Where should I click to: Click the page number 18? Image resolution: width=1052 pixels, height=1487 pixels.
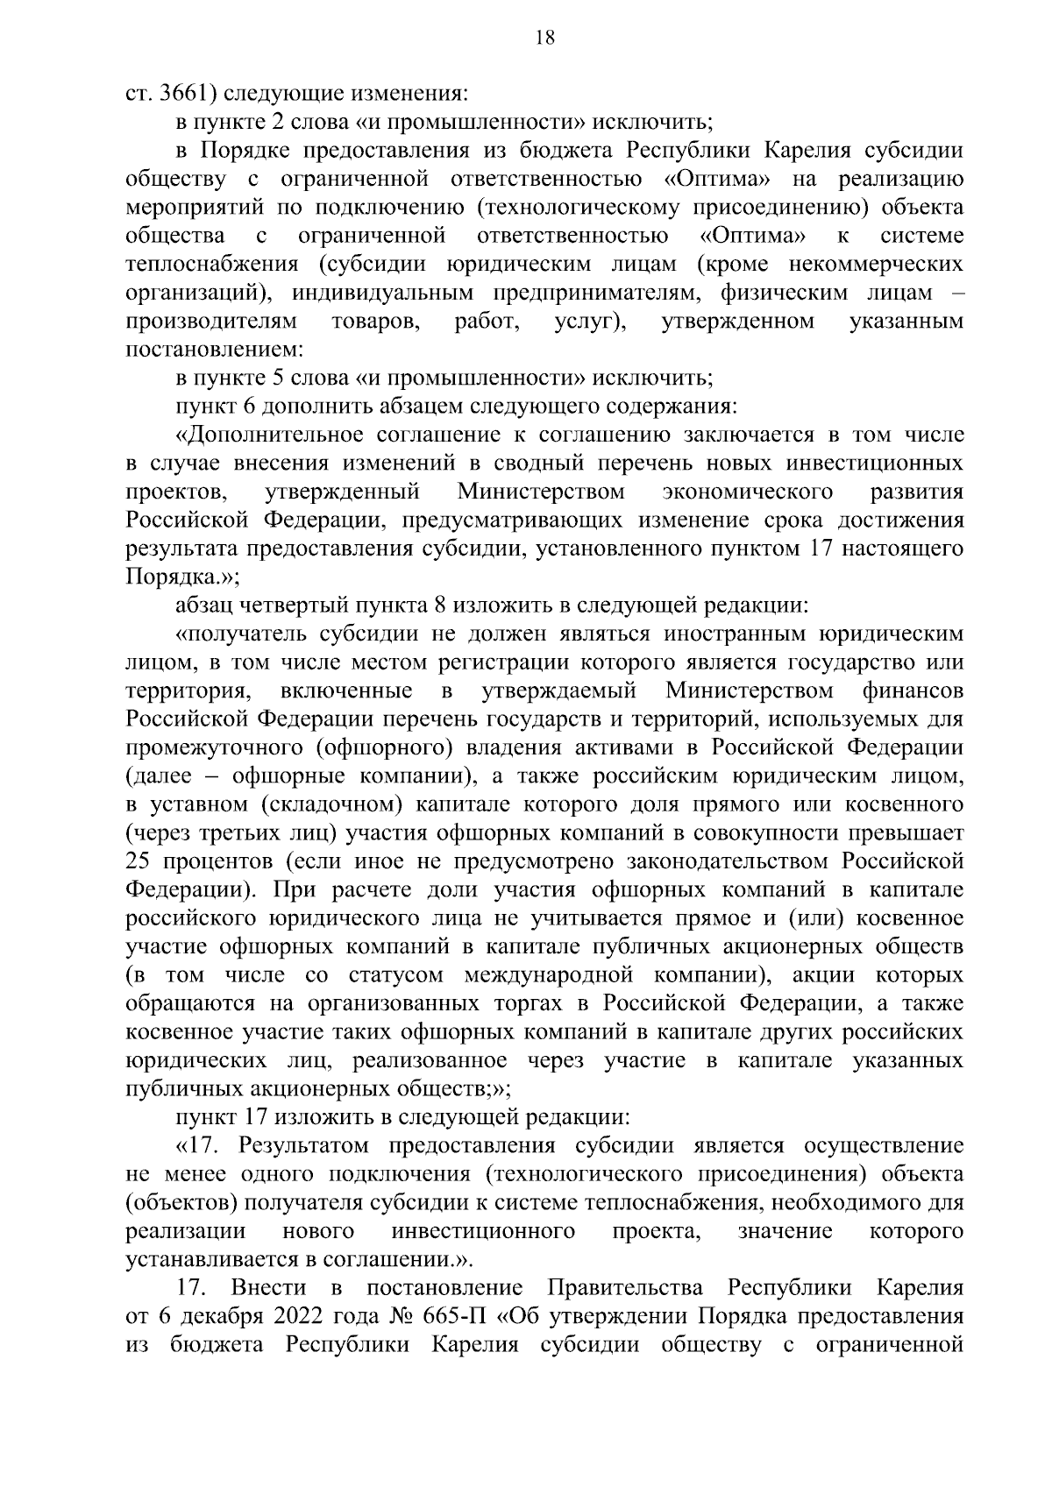point(544,38)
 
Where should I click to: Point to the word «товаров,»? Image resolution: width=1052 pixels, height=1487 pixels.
point(376,321)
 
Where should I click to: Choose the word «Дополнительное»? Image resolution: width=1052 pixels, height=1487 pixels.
point(270,435)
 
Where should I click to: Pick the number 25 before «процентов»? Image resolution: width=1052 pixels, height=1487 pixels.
point(141,861)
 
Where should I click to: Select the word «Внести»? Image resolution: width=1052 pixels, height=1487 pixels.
point(269,1289)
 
